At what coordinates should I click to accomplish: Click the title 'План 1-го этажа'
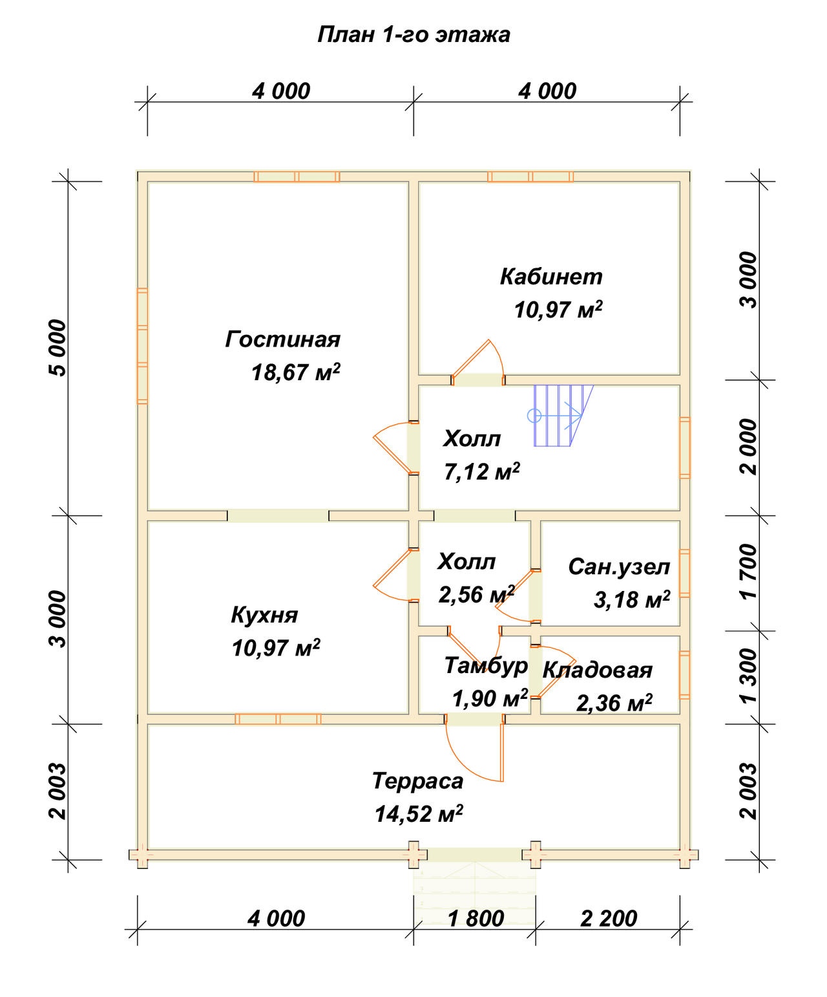[413, 35]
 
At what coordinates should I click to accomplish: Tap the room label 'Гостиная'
[282, 339]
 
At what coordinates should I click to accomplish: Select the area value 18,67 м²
[296, 372]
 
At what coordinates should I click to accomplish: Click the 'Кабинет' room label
[551, 277]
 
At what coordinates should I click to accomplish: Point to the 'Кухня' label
[264, 615]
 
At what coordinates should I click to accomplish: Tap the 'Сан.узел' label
[619, 567]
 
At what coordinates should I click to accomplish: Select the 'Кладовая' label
[598, 670]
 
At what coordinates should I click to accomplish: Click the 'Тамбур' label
[487, 666]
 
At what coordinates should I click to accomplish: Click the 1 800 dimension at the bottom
[476, 918]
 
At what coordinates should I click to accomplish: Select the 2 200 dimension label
[609, 918]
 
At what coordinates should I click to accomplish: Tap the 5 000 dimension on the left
[58, 348]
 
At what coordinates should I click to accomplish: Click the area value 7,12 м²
[482, 472]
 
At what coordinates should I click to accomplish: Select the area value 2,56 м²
[476, 595]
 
